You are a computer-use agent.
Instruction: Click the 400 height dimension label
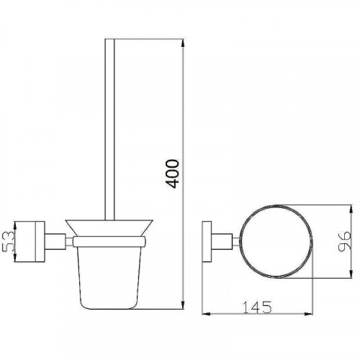172,174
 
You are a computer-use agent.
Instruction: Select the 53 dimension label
9,241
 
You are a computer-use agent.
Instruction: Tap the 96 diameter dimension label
344,241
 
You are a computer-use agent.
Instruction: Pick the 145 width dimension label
257,307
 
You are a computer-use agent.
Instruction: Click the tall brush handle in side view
109,130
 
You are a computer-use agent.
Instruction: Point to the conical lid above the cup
109,228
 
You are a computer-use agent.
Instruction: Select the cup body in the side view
109,278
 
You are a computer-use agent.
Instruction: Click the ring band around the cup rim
109,242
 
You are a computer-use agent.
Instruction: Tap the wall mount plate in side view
30,241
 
